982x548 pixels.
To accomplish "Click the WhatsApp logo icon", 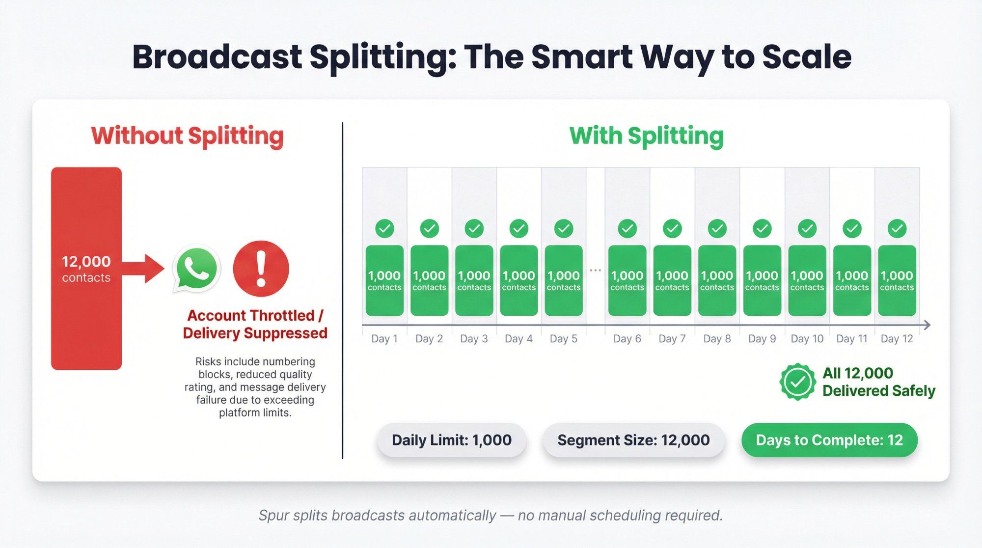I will pos(196,269).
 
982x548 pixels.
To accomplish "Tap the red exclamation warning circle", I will pos(261,269).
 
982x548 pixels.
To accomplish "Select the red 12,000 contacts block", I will pos(86,268).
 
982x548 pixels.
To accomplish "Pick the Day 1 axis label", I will pos(384,339).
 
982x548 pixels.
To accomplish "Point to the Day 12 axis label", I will pos(897,339).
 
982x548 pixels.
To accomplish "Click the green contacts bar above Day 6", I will pos(627,280).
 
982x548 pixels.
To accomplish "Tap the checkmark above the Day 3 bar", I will pos(474,228).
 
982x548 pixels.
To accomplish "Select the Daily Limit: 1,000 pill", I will pos(451,440).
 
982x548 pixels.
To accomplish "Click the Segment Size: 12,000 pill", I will pos(633,440).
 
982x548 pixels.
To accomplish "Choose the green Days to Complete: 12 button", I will pos(829,440).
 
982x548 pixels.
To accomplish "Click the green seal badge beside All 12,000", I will pos(797,382).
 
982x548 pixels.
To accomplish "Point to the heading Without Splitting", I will pos(187,136).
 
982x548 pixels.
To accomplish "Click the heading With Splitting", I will pos(646,136).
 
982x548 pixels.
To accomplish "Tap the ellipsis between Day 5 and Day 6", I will pos(595,271).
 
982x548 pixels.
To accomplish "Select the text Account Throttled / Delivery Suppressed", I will pos(255,324).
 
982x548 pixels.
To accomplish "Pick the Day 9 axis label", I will pos(762,339).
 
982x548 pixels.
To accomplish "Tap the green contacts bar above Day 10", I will pos(807,280).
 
